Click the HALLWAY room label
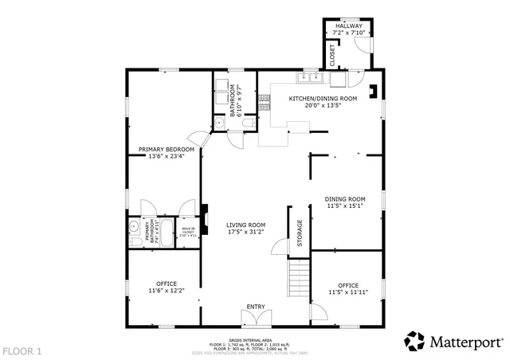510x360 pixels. (x=348, y=26)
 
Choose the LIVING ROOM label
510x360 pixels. (x=245, y=225)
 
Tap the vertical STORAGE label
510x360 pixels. (x=300, y=233)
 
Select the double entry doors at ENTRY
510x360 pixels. (x=255, y=318)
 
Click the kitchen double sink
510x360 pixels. (x=307, y=78)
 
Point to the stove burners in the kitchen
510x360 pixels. (x=339, y=78)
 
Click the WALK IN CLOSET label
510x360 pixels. (x=187, y=232)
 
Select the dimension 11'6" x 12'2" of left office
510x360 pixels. (x=167, y=291)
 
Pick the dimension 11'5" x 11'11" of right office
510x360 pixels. (x=347, y=292)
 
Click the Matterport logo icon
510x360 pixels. (x=414, y=341)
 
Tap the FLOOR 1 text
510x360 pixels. (x=22, y=350)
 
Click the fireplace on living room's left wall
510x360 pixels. (x=204, y=218)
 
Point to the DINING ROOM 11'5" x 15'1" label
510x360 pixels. (x=345, y=202)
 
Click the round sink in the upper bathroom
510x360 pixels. (x=220, y=123)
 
